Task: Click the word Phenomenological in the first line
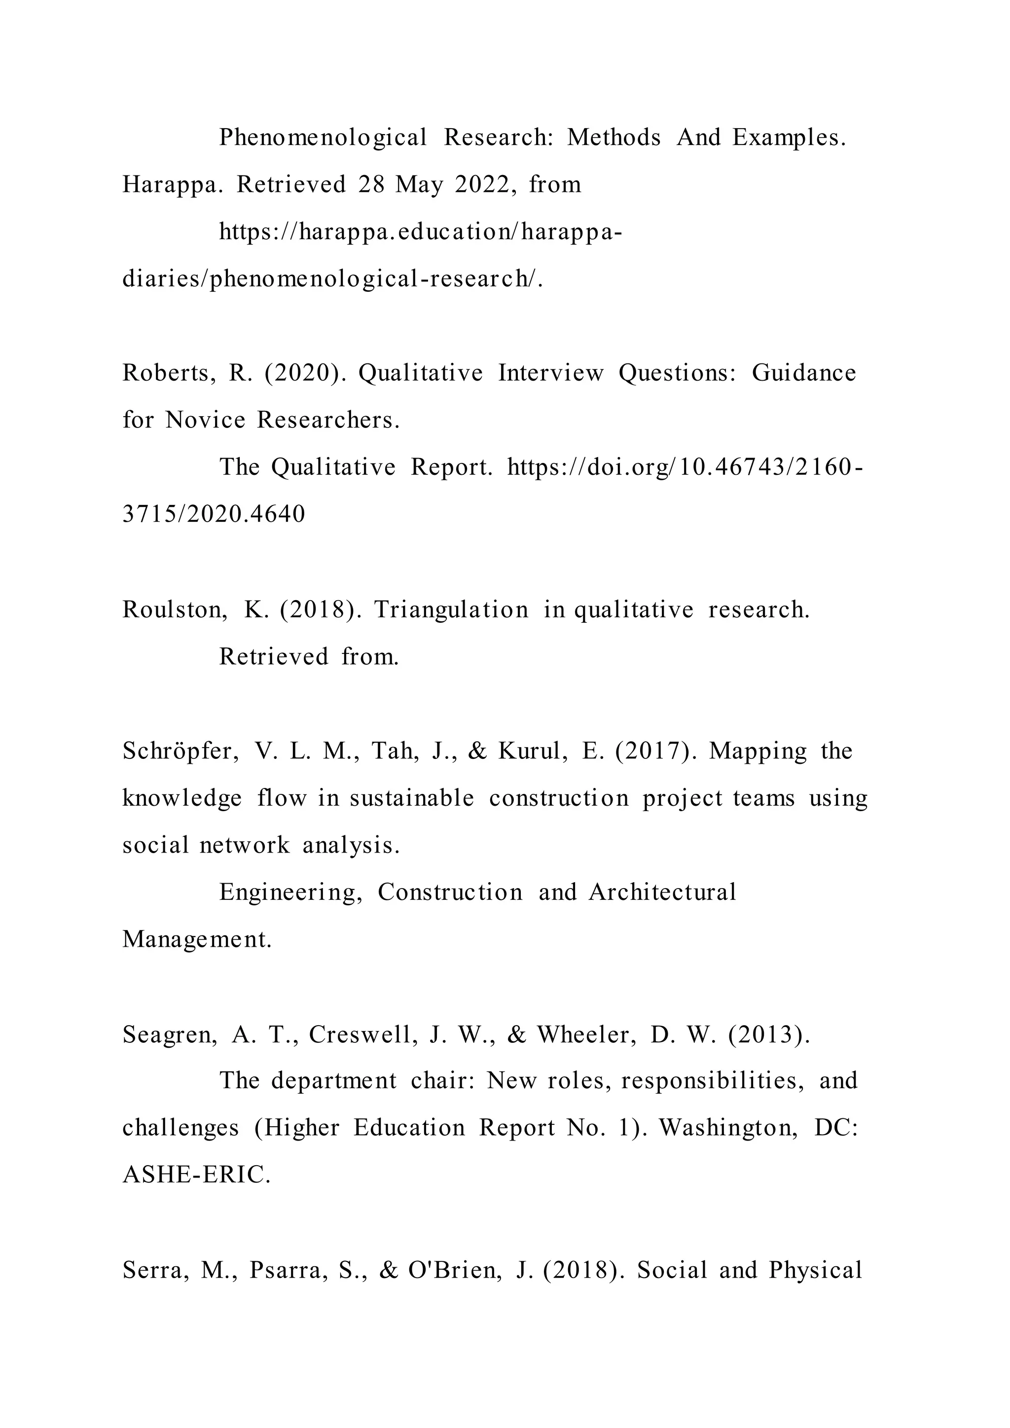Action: [x=323, y=138]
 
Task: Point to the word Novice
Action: [x=205, y=421]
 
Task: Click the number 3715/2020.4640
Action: [x=214, y=514]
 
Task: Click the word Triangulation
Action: [x=451, y=610]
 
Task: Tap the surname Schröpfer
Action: [x=180, y=751]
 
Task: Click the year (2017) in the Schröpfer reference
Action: [x=655, y=751]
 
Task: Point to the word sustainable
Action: [x=412, y=799]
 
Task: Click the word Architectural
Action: [x=662, y=892]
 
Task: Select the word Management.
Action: [x=197, y=940]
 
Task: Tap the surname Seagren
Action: [x=170, y=1035]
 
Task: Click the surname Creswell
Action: [x=362, y=1035]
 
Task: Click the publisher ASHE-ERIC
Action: [x=197, y=1176]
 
